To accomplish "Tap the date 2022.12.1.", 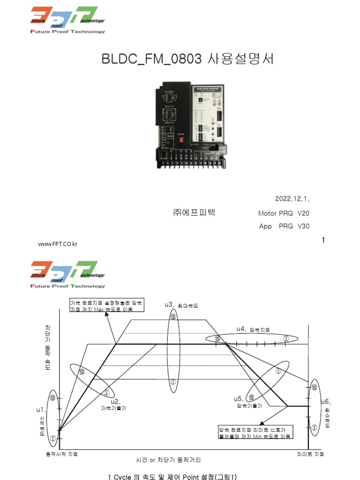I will coord(292,199).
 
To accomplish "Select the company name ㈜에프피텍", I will coord(193,212).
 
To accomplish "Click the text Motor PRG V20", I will coord(284,213).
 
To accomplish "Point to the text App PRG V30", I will coord(284,226).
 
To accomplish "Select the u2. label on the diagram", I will coord(115,401).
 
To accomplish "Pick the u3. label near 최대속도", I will coord(170,305).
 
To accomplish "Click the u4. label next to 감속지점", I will coord(241,329).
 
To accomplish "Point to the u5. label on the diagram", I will coord(239,398).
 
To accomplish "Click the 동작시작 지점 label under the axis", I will coord(61,454).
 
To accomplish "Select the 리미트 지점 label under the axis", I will coord(310,454).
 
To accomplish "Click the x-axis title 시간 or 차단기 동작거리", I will coord(172,460).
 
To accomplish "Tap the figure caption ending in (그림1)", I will coord(172,477).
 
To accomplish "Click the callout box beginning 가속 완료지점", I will coord(107,306).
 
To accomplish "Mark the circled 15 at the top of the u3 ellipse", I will coord(173,317).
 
